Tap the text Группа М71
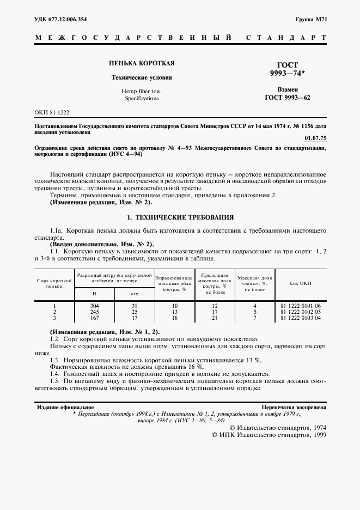311,19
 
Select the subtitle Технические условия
134,77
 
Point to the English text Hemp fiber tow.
134,91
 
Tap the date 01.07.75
315,138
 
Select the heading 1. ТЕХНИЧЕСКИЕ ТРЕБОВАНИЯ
180,216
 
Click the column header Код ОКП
300,284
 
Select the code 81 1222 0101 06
300,306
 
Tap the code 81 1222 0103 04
300,317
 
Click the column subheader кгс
135,294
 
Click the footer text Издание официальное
65,407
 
